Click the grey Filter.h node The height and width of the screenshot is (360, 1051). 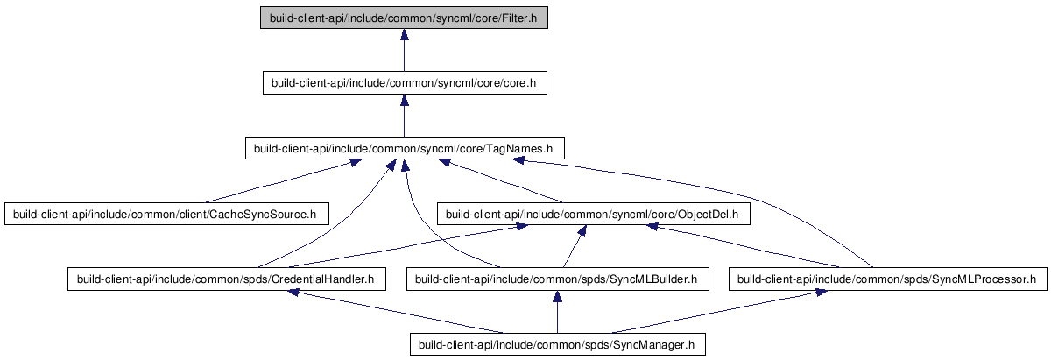pyautogui.click(x=404, y=18)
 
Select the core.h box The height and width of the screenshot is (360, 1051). pyautogui.click(x=405, y=83)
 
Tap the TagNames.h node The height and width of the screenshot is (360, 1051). pyautogui.click(x=405, y=148)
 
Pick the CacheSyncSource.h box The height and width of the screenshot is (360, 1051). pyautogui.click(x=166, y=214)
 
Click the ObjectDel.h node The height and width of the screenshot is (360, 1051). pyautogui.click(x=594, y=214)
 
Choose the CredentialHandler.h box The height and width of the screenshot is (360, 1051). pyautogui.click(x=227, y=279)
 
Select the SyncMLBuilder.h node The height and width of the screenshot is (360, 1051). pyautogui.click(x=557, y=279)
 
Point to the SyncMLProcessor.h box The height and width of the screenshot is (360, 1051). pyautogui.click(x=888, y=279)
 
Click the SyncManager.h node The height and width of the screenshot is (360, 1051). pyautogui.click(x=557, y=344)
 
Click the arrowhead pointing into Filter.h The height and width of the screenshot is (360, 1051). pyautogui.click(x=404, y=34)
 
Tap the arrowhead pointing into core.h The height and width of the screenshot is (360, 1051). pyautogui.click(x=404, y=100)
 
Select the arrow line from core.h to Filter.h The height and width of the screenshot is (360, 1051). pyautogui.click(x=404, y=50)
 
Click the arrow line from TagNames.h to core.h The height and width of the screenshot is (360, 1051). pyautogui.click(x=404, y=116)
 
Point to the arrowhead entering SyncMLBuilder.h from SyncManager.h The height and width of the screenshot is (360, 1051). pyautogui.click(x=557, y=296)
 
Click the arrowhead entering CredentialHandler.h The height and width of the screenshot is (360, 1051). pyautogui.click(x=293, y=293)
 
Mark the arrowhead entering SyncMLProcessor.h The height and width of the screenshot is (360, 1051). pyautogui.click(x=821, y=292)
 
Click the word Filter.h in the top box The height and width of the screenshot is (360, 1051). pyautogui.click(x=518, y=18)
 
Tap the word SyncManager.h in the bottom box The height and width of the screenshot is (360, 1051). pyautogui.click(x=653, y=345)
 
